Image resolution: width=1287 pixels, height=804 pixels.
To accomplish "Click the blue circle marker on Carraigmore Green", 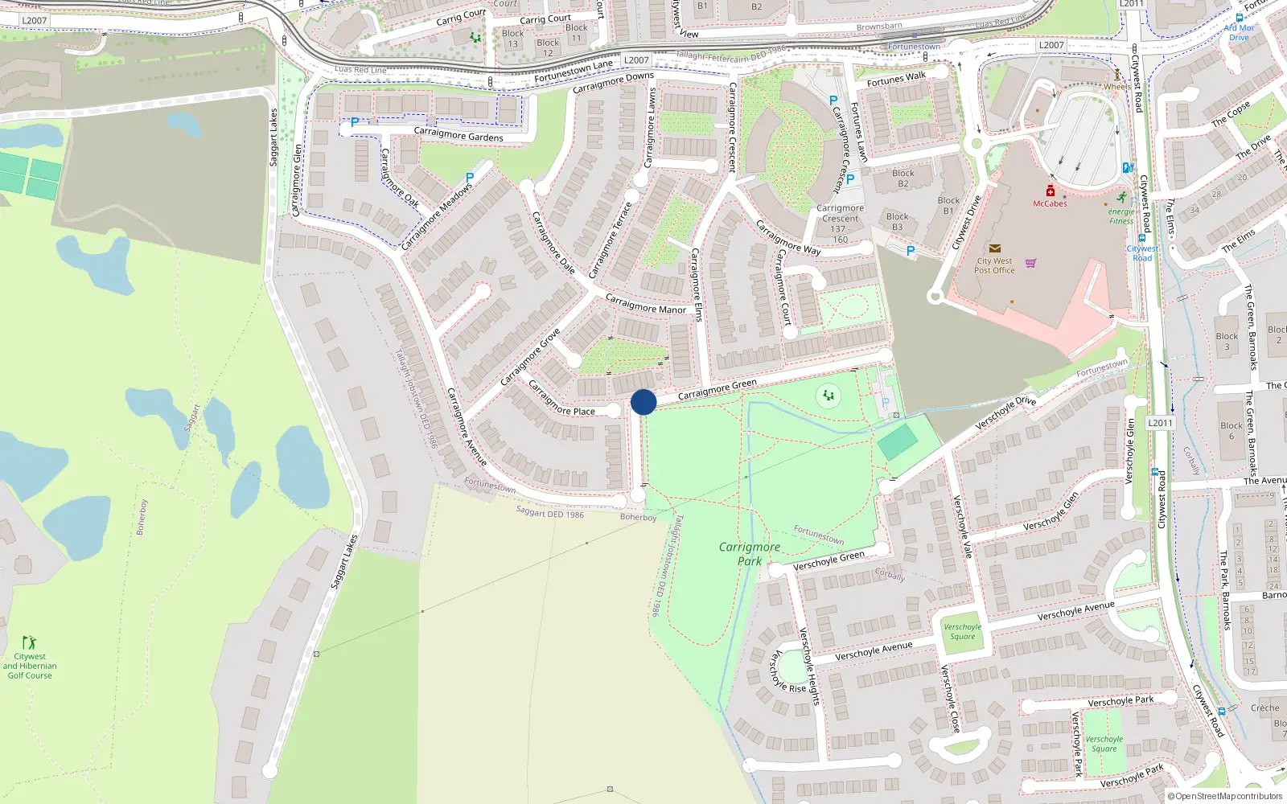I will pos(643,402).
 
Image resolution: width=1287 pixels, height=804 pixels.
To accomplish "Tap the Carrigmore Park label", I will pos(750,554).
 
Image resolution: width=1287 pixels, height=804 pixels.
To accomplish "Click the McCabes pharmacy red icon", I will pos(1050,191).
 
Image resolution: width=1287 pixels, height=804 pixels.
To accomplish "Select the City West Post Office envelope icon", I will pos(995,249).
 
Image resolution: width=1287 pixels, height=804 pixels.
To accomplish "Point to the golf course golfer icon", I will pos(29,642).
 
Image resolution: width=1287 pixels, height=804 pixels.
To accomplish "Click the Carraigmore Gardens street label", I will pos(458,134).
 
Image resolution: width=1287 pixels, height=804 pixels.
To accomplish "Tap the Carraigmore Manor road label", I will pos(645,304).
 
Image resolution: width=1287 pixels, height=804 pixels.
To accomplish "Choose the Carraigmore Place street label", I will pos(561,399).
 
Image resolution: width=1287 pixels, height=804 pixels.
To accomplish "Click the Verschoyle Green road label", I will pos(829,560).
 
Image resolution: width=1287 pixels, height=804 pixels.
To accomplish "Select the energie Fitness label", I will pos(1121,216).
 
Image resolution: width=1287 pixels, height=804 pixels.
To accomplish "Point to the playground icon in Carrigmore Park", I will pos(828,395).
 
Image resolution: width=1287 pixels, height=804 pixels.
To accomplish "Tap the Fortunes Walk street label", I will pos(896,79).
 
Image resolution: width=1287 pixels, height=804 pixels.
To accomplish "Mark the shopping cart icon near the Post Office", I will pos(1031,263).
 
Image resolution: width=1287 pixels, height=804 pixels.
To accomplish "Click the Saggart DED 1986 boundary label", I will pos(550,512).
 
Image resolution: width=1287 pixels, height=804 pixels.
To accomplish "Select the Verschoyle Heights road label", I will pos(808,667).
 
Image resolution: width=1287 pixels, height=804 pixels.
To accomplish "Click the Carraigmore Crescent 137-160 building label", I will pos(841,224).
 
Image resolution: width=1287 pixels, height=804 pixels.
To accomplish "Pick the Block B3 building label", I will pos(898,222).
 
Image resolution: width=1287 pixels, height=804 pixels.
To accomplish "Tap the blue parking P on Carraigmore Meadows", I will pos(470,178).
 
